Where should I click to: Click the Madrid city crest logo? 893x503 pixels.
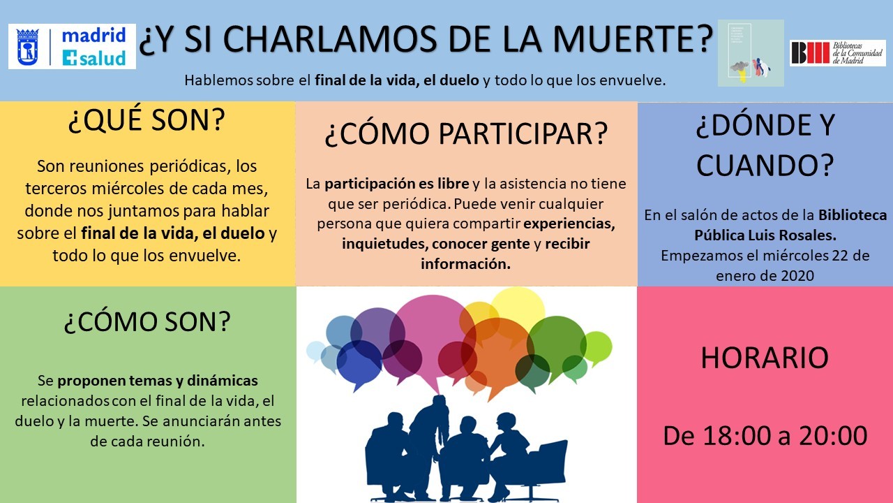pyautogui.click(x=27, y=46)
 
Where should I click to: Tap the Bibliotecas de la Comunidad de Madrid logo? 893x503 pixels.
pyautogui.click(x=838, y=53)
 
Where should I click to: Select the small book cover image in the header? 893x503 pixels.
pyautogui.click(x=751, y=53)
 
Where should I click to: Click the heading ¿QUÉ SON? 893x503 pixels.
pyautogui.click(x=147, y=119)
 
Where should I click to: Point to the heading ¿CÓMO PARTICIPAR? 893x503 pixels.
pyautogui.click(x=466, y=133)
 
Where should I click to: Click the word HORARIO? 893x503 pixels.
pyautogui.click(x=765, y=357)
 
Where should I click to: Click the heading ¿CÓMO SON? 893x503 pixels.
pyautogui.click(x=147, y=321)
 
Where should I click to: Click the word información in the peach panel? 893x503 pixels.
pyautogui.click(x=465, y=264)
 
